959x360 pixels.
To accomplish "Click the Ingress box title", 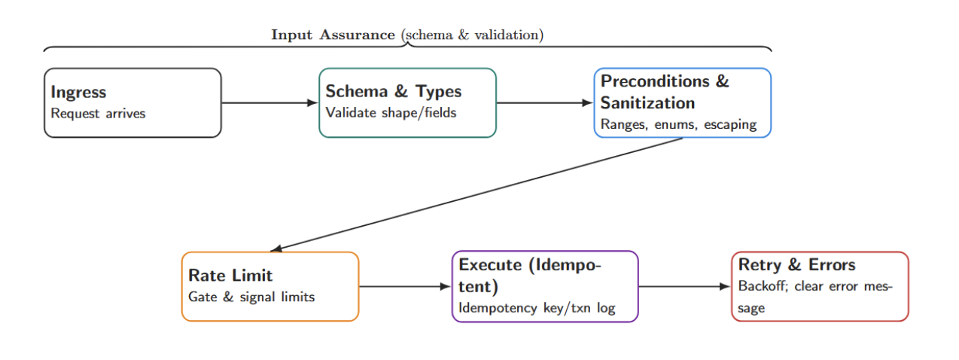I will (78, 93).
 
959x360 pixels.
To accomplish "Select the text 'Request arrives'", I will (98, 114).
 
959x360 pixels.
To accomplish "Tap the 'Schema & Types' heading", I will (393, 92).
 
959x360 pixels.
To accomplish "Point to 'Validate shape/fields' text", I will (391, 113).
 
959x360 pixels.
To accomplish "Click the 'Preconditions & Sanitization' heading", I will (664, 92).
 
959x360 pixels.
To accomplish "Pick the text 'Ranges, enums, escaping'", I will (678, 124).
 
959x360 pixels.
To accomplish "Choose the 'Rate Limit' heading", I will (230, 276).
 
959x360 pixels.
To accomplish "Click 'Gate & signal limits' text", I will (251, 297).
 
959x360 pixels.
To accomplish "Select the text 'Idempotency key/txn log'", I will (537, 308).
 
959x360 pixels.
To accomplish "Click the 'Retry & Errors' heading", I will (796, 265).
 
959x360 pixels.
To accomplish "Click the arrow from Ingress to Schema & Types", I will (269, 103).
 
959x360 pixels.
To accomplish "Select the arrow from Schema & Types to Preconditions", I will (544, 103).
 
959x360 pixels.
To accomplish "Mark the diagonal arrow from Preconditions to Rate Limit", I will (476, 194).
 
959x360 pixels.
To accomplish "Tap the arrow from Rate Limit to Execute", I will (404, 286).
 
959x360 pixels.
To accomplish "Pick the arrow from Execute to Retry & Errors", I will (684, 286).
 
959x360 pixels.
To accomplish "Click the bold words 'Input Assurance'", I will (333, 35).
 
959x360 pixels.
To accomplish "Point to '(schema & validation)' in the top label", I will (472, 35).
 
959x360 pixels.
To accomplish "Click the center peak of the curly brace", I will (407, 44).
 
